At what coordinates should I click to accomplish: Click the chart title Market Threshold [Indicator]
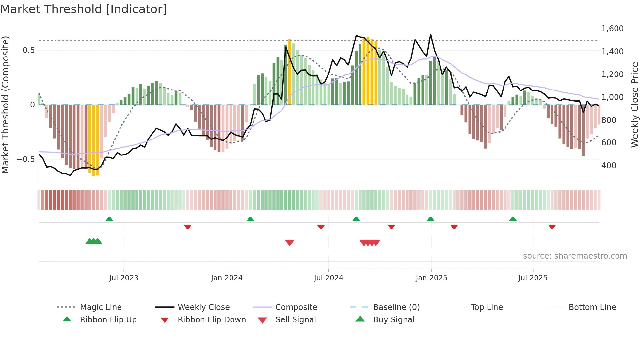(84, 9)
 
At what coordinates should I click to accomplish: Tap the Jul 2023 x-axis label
(124, 278)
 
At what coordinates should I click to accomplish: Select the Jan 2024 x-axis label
(227, 278)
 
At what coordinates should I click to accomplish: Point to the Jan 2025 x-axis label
(431, 278)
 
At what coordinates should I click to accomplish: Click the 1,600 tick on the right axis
(612, 29)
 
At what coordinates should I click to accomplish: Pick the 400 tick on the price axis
(609, 166)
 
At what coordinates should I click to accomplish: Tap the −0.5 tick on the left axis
(25, 159)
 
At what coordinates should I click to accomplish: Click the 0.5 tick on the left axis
(28, 50)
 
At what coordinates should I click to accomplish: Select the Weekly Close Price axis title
(634, 105)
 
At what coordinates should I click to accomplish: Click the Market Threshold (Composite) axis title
(5, 105)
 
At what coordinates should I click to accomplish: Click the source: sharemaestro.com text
(575, 256)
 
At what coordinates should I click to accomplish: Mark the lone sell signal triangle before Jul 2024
(290, 243)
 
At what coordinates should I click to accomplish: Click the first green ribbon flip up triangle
(109, 219)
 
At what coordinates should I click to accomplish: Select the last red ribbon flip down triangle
(552, 227)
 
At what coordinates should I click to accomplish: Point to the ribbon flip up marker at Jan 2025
(430, 219)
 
